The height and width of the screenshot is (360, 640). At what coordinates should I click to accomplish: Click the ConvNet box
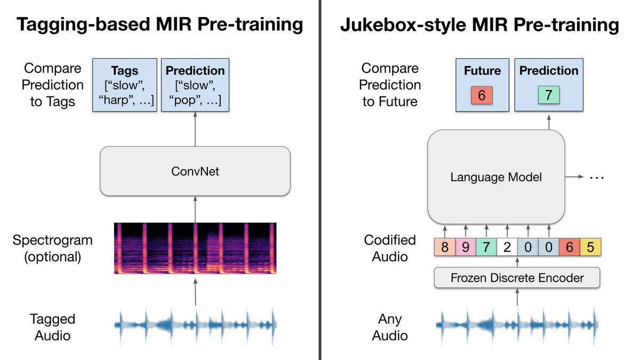tap(195, 171)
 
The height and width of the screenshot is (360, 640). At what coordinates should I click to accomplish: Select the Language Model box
tap(496, 177)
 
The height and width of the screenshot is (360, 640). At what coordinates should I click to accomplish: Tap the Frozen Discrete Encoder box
tap(517, 278)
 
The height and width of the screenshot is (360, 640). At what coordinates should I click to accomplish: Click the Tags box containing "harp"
tap(125, 85)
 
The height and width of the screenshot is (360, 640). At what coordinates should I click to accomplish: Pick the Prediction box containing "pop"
tap(195, 85)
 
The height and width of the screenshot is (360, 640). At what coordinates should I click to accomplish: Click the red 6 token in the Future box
tap(482, 95)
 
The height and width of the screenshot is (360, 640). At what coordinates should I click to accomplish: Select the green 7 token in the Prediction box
tap(549, 95)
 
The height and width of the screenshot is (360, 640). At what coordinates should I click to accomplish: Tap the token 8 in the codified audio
tap(445, 247)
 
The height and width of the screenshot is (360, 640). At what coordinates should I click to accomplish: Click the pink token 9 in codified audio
tap(466, 247)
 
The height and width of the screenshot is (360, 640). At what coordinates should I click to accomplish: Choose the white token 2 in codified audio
tap(507, 247)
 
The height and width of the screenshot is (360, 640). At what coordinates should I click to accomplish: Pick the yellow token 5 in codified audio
tap(590, 247)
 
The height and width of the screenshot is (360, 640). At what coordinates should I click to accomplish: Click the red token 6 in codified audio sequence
tap(570, 247)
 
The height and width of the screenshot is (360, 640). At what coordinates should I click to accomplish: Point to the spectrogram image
tap(195, 249)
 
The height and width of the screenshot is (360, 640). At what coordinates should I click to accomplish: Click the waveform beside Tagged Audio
tap(195, 325)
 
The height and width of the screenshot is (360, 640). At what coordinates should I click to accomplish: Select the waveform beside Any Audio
tap(517, 325)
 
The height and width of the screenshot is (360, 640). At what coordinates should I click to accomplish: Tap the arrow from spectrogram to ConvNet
tap(195, 210)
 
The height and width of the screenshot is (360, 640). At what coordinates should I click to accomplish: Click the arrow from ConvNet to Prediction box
tap(195, 129)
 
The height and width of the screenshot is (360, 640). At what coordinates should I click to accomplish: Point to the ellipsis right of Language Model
tap(597, 178)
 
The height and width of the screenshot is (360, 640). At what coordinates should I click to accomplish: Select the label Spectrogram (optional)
tap(53, 249)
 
